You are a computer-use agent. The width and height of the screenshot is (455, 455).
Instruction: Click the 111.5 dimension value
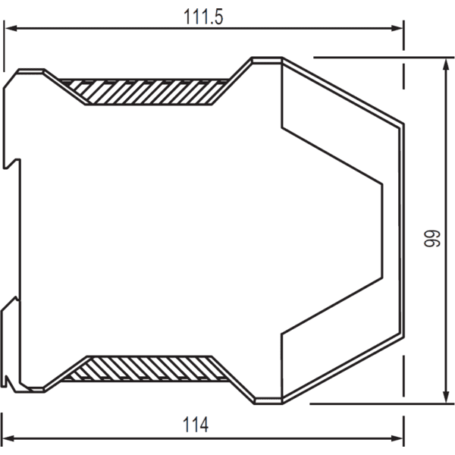203,17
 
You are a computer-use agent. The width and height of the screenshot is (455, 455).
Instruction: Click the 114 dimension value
196,425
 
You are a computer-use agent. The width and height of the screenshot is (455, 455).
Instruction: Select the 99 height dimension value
432,239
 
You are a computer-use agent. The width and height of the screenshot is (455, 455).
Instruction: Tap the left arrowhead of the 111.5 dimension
11,28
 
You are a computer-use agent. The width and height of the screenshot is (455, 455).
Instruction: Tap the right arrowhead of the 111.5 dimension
397,28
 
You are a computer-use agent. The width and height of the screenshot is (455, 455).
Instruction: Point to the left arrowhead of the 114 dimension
8,438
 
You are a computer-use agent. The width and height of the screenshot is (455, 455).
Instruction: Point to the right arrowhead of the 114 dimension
397,438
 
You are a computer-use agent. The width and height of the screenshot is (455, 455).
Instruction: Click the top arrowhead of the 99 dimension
446,64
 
